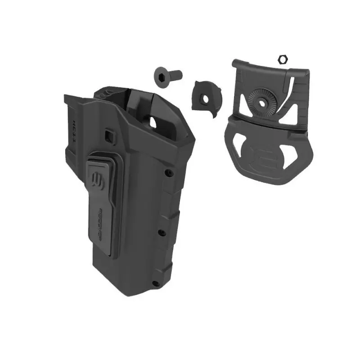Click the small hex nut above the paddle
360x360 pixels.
(x=283, y=58)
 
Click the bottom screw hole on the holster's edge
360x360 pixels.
(x=155, y=283)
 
